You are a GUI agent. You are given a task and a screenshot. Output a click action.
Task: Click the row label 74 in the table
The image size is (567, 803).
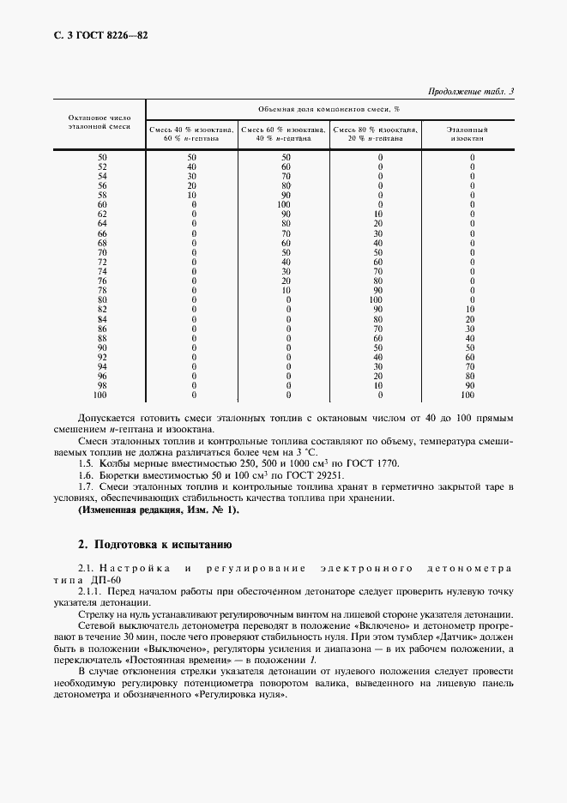point(102,271)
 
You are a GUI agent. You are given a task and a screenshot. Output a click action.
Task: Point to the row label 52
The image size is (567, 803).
point(102,167)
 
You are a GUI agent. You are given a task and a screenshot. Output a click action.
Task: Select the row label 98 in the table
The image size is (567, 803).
point(102,385)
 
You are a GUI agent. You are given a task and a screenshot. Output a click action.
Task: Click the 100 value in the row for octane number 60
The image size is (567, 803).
point(286,205)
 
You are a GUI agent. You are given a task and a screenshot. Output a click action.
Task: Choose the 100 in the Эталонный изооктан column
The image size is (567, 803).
point(467,395)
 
